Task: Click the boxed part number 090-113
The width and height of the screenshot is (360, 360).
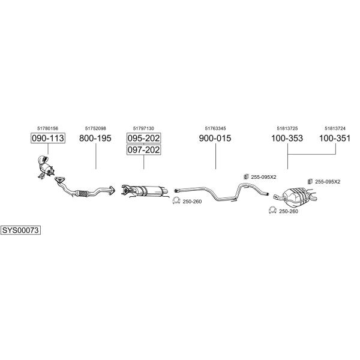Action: (48, 138)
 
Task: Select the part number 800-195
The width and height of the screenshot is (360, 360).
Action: (95, 138)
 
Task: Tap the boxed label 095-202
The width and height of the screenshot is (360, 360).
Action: (144, 138)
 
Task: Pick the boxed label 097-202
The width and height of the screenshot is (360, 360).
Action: (144, 149)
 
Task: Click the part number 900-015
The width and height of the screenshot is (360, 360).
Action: (215, 138)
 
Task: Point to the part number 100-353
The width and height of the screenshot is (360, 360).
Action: (287, 138)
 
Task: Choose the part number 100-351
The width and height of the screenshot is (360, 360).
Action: (335, 138)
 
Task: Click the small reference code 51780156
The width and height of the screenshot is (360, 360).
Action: (48, 128)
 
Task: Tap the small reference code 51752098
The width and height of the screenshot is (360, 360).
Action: (95, 128)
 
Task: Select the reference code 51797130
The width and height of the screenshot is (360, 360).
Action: (143, 128)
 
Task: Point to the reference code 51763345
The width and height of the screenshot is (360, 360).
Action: (215, 128)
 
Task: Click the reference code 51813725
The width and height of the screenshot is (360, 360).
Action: (287, 128)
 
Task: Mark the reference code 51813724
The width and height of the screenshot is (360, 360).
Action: (335, 128)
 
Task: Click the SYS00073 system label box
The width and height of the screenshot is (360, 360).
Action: (20, 230)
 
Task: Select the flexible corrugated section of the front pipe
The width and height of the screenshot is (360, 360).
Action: (83, 194)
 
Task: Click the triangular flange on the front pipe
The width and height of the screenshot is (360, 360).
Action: (59, 180)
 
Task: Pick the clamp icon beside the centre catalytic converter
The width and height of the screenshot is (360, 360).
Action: (176, 200)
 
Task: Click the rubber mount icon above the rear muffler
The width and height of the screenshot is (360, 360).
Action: (310, 181)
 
